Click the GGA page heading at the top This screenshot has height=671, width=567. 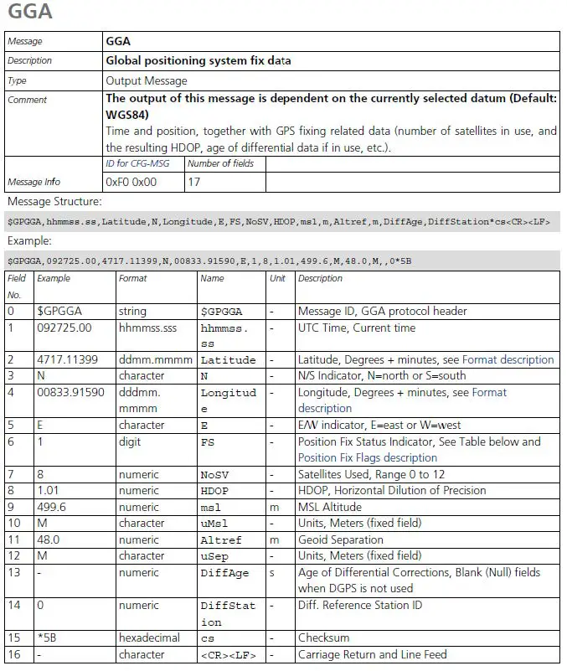pos(30,13)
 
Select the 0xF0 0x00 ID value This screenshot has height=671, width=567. pos(131,181)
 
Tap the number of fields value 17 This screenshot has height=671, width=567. pos(195,181)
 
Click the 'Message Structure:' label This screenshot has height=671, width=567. pos(54,202)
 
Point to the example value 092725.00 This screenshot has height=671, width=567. pos(64,328)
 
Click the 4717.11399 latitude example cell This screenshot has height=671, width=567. pos(68,359)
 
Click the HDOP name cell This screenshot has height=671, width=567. pos(214,490)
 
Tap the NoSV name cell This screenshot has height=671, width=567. pos(214,474)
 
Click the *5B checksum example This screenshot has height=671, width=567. pos(48,637)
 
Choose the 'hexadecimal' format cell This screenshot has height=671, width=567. pos(149,637)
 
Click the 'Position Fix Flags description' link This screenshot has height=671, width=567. pos(368,457)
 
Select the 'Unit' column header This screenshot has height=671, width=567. pos(279,278)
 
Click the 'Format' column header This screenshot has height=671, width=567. pos(133,278)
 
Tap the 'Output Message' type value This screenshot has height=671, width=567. pos(147,80)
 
